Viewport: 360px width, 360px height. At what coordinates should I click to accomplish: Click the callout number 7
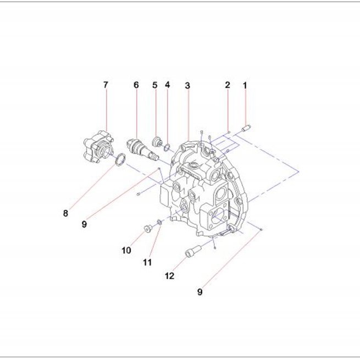(106, 85)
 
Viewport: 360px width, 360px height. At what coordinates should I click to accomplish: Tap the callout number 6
(136, 85)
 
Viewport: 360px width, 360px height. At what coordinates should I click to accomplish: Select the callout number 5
(155, 85)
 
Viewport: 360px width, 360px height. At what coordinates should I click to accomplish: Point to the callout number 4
(168, 85)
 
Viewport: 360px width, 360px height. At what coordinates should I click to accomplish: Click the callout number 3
(187, 86)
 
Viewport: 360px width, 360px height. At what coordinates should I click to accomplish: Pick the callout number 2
(228, 85)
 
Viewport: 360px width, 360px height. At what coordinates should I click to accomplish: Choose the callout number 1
(245, 86)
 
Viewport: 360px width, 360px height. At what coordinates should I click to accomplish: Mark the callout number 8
(65, 213)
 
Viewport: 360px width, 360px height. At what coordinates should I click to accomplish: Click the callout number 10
(126, 250)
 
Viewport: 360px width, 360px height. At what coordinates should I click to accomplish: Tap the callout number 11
(147, 262)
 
